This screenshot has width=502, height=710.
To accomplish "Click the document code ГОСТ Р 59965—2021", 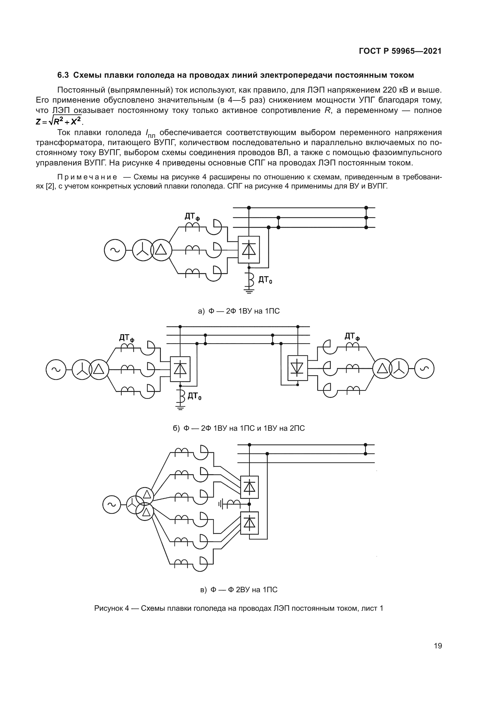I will [x=400, y=51].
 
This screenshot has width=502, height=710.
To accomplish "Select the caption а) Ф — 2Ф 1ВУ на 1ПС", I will [x=239, y=311].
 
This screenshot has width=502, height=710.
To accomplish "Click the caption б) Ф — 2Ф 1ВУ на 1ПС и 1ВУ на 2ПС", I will [x=239, y=428].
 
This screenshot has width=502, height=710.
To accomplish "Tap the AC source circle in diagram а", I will [x=115, y=250].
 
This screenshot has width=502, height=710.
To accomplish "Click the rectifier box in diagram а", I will [x=249, y=250].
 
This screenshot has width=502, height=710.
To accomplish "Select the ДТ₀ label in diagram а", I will [x=265, y=280].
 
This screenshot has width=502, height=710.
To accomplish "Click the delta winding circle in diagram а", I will [x=161, y=250].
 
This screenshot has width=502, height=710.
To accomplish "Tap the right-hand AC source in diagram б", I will [x=424, y=369].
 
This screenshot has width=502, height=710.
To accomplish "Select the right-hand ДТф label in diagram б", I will [x=352, y=336].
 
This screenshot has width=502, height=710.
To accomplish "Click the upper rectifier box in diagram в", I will [x=249, y=487].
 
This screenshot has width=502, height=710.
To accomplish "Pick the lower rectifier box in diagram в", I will [x=249, y=523].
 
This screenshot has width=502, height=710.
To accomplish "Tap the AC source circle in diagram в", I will [x=112, y=505].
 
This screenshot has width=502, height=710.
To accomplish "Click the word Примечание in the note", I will [x=87, y=177].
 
